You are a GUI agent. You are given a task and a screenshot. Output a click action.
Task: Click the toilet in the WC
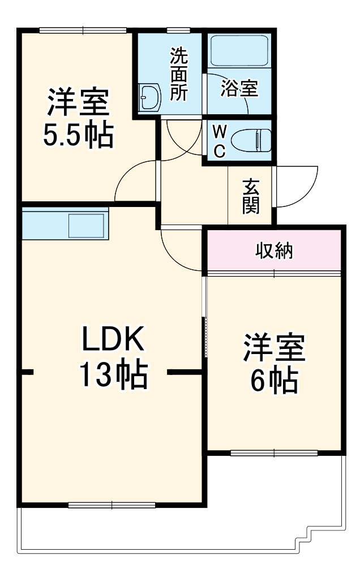(252, 140)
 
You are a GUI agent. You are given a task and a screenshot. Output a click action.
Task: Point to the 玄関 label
(251, 197)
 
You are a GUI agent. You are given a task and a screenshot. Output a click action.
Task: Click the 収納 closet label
(274, 251)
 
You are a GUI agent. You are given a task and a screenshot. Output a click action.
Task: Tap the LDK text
(114, 341)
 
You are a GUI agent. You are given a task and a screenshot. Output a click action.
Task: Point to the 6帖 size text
(274, 380)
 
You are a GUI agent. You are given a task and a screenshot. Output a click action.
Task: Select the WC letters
(220, 141)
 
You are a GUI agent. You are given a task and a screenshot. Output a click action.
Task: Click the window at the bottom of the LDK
(112, 504)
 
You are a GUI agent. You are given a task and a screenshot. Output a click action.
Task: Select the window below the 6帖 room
(274, 452)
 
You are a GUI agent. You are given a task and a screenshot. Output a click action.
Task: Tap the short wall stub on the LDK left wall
(27, 373)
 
